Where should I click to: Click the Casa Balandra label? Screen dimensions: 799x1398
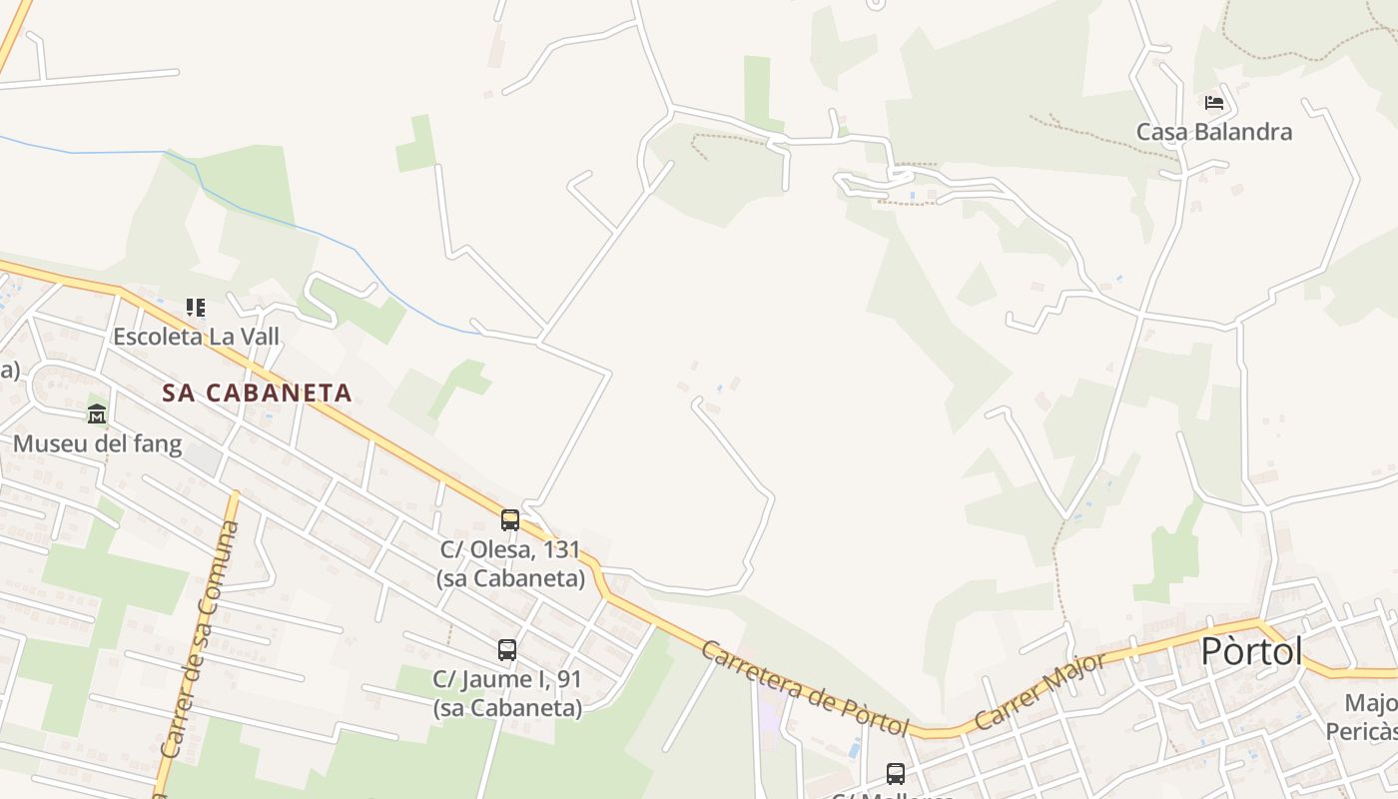click(x=1214, y=132)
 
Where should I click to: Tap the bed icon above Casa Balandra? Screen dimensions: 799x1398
click(x=1214, y=102)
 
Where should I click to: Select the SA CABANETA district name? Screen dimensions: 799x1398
click(x=258, y=393)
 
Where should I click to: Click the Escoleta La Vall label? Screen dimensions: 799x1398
click(x=196, y=337)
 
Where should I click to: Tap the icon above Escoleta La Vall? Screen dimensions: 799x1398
click(x=196, y=307)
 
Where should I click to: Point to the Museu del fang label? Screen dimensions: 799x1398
click(x=97, y=443)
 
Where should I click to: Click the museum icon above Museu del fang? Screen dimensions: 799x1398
click(x=97, y=413)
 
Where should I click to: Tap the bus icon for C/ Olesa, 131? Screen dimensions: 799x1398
click(x=509, y=519)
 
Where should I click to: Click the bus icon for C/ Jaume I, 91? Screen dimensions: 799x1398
click(x=507, y=649)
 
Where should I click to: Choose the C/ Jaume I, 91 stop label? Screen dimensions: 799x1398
click(x=507, y=693)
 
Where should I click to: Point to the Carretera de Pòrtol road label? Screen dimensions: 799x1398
click(x=805, y=688)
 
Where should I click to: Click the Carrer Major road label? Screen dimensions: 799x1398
click(x=1042, y=690)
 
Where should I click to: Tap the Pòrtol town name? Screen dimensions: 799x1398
click(x=1251, y=651)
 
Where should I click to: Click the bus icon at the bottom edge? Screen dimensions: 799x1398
click(x=896, y=773)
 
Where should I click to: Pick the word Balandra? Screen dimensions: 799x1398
click(x=1244, y=132)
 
